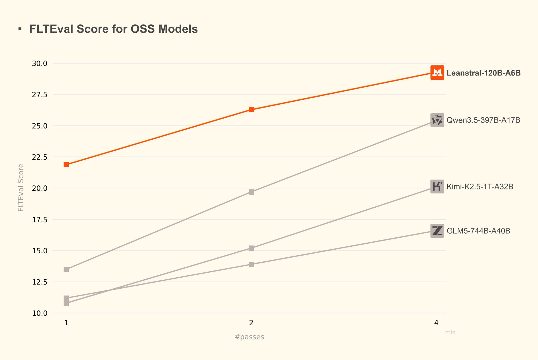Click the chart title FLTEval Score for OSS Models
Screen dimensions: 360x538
coord(113,29)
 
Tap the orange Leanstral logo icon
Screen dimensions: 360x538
coord(437,73)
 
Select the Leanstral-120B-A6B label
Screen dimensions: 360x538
coord(483,73)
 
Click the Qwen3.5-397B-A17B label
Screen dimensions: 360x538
coord(483,120)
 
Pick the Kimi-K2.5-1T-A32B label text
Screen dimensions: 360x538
coord(480,187)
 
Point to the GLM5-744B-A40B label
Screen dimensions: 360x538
coord(478,231)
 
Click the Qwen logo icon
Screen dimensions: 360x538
coord(437,120)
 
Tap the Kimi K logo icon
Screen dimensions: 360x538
coord(437,187)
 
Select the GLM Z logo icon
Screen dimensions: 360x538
coord(437,231)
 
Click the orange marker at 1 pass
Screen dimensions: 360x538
coord(66,165)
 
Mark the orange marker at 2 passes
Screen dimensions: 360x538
coord(252,110)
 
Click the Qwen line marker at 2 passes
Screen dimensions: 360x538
coord(252,192)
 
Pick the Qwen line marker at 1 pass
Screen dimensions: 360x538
coord(66,269)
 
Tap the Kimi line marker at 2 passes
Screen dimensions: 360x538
coord(252,248)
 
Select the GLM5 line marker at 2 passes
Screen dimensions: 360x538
coord(252,265)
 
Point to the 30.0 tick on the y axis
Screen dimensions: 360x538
coord(40,63)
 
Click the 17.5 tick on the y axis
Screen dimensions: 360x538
coord(40,220)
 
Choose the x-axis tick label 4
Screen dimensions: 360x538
coord(436,323)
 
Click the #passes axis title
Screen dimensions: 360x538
coord(249,337)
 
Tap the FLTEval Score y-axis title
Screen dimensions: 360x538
coord(21,187)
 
